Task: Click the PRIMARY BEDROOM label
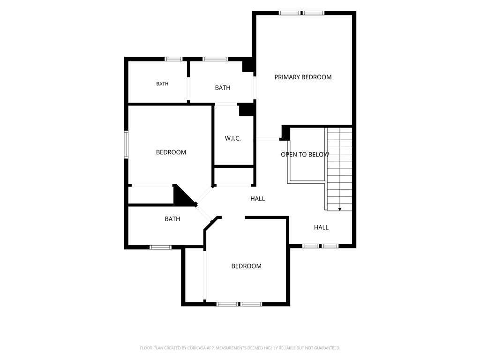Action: click(303, 77)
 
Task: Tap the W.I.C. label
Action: click(232, 138)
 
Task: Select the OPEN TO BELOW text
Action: click(305, 155)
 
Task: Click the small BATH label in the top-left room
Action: click(162, 84)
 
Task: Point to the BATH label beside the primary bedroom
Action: click(223, 88)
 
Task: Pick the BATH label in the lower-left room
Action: click(172, 219)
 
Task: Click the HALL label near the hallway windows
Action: click(321, 227)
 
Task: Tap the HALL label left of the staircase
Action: click(257, 199)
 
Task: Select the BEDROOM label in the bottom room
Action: click(247, 266)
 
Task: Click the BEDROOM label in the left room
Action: click(171, 152)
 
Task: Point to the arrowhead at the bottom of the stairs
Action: click(340, 209)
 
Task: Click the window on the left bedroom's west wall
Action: click(126, 144)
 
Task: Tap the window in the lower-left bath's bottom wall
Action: click(160, 247)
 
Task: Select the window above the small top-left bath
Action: click(173, 59)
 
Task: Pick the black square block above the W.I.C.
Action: click(246, 110)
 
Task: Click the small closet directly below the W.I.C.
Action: click(234, 176)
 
